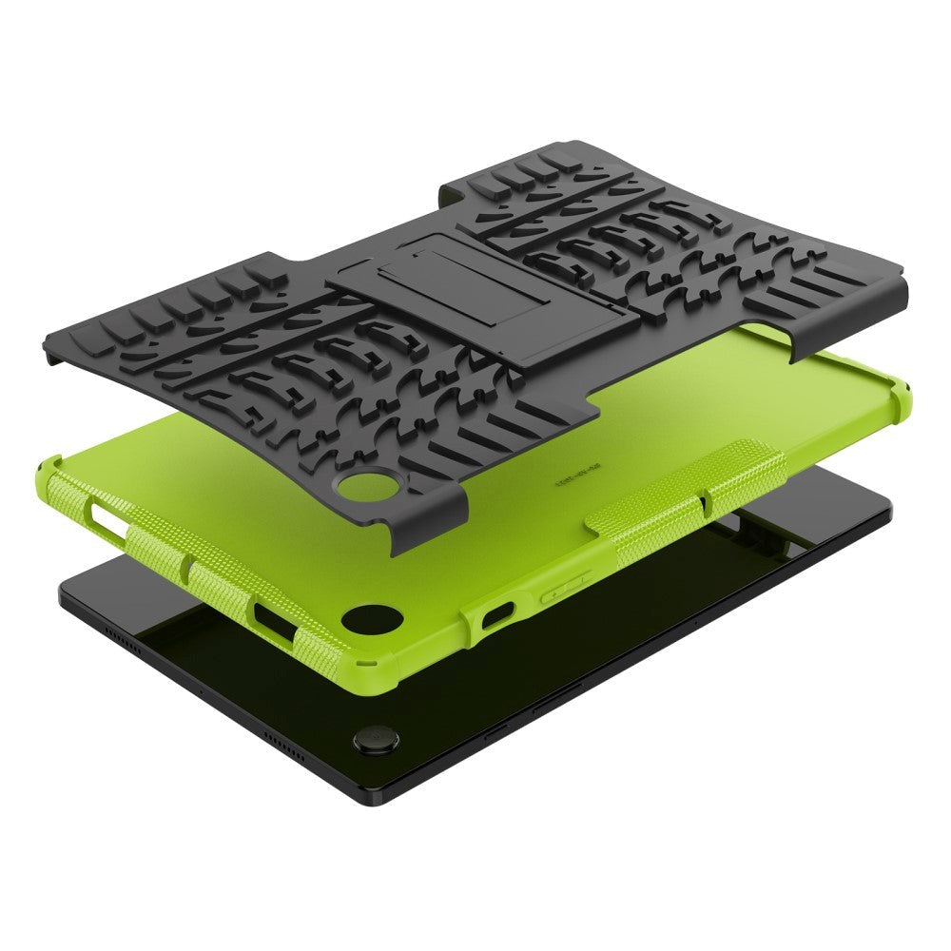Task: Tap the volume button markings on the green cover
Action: (566, 587)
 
